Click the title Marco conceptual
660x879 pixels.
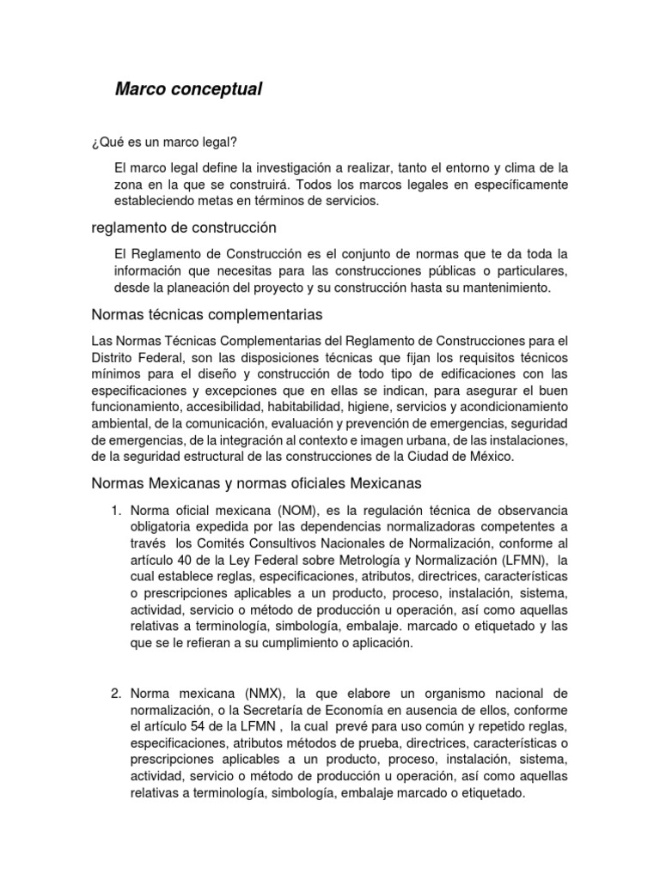pyautogui.click(x=188, y=89)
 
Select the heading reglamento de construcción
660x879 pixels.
pyautogui.click(x=184, y=228)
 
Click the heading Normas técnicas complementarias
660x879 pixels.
pyautogui.click(x=206, y=314)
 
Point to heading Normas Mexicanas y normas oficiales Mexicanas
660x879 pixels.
pyautogui.click(x=256, y=483)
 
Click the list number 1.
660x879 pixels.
pyautogui.click(x=118, y=512)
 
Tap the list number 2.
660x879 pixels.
pyautogui.click(x=118, y=693)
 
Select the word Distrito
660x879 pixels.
pyautogui.click(x=115, y=356)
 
